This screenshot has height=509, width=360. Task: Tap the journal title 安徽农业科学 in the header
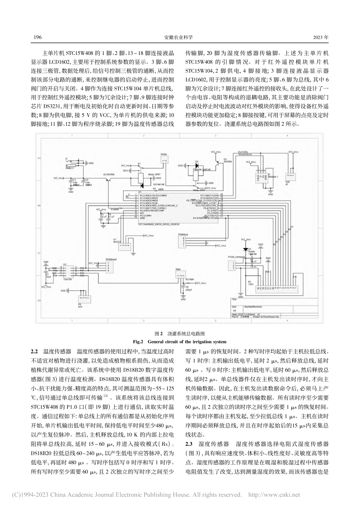pos(180,37)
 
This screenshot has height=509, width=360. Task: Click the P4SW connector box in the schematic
pos(164,161)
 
